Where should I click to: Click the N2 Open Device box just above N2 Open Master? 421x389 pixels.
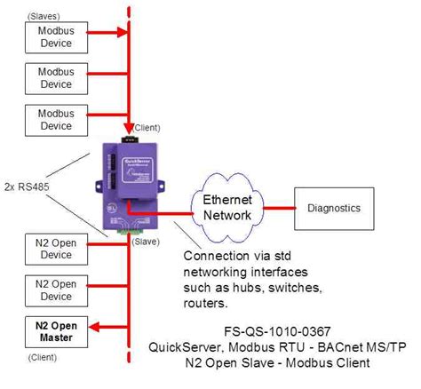(57, 290)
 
